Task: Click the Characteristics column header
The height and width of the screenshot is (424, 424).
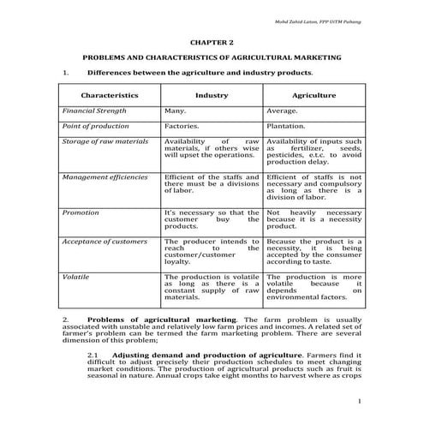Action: pos(109,96)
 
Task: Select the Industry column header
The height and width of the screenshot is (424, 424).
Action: pos(211,96)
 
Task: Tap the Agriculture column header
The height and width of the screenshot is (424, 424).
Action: pos(314,96)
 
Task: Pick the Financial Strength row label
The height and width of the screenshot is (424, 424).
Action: pos(94,111)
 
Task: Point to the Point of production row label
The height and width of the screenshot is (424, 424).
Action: pos(96,126)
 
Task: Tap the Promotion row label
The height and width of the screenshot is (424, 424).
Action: pos(81,212)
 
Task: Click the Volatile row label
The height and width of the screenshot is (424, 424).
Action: pos(77,278)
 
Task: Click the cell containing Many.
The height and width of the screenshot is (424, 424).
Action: pos(176,111)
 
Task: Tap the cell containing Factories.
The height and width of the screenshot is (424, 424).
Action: pos(182,126)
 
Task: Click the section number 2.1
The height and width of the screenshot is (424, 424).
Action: pos(94,354)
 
